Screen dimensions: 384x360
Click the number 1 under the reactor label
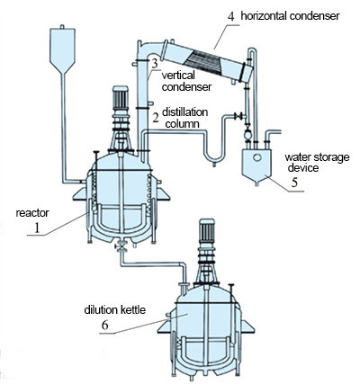pyautogui.click(x=37, y=229)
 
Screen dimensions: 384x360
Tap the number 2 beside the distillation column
pyautogui.click(x=156, y=118)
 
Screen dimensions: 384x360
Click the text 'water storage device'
pyautogui.click(x=311, y=161)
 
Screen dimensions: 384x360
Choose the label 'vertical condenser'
pyautogui.click(x=186, y=81)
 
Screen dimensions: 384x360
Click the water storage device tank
pyautogui.click(x=259, y=164)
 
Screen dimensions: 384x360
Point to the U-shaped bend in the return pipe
pyautogui.click(x=212, y=157)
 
